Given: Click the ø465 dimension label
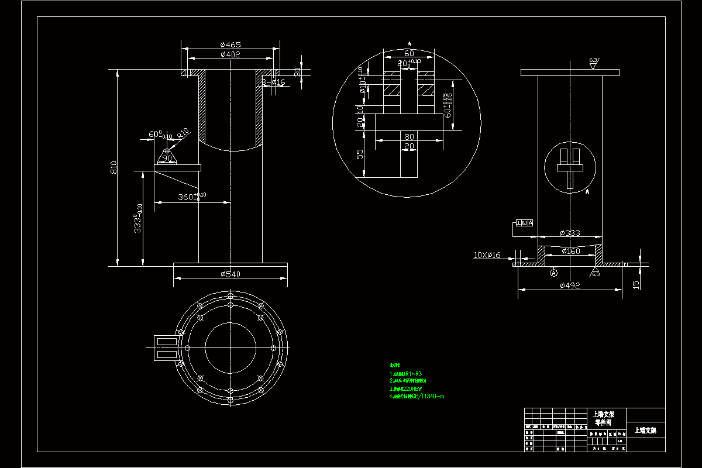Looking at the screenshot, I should pos(230,44).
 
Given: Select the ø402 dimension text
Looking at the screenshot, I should pos(230,54).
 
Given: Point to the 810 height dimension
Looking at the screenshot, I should pos(114,167).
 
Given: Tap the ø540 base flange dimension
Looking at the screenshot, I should pos(230,274).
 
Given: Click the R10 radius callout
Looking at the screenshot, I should pos(184,133).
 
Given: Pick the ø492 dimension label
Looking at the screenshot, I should pos(569,285).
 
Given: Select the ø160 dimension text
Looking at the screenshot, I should pos(570,251).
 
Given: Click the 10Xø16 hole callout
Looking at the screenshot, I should pos(487,255).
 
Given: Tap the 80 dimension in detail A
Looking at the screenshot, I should pos(409,136).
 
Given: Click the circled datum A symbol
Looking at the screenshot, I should pos(554,273).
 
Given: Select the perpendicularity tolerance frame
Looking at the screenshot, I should pos(524,223).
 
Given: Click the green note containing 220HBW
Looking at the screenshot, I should pos(406,388).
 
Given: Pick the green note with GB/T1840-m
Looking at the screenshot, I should pos(417,396).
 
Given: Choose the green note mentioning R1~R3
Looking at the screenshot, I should pos(406,374).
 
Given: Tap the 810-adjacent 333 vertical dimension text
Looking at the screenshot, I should pos(139,219).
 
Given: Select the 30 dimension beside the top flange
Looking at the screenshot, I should pos(297,72).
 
